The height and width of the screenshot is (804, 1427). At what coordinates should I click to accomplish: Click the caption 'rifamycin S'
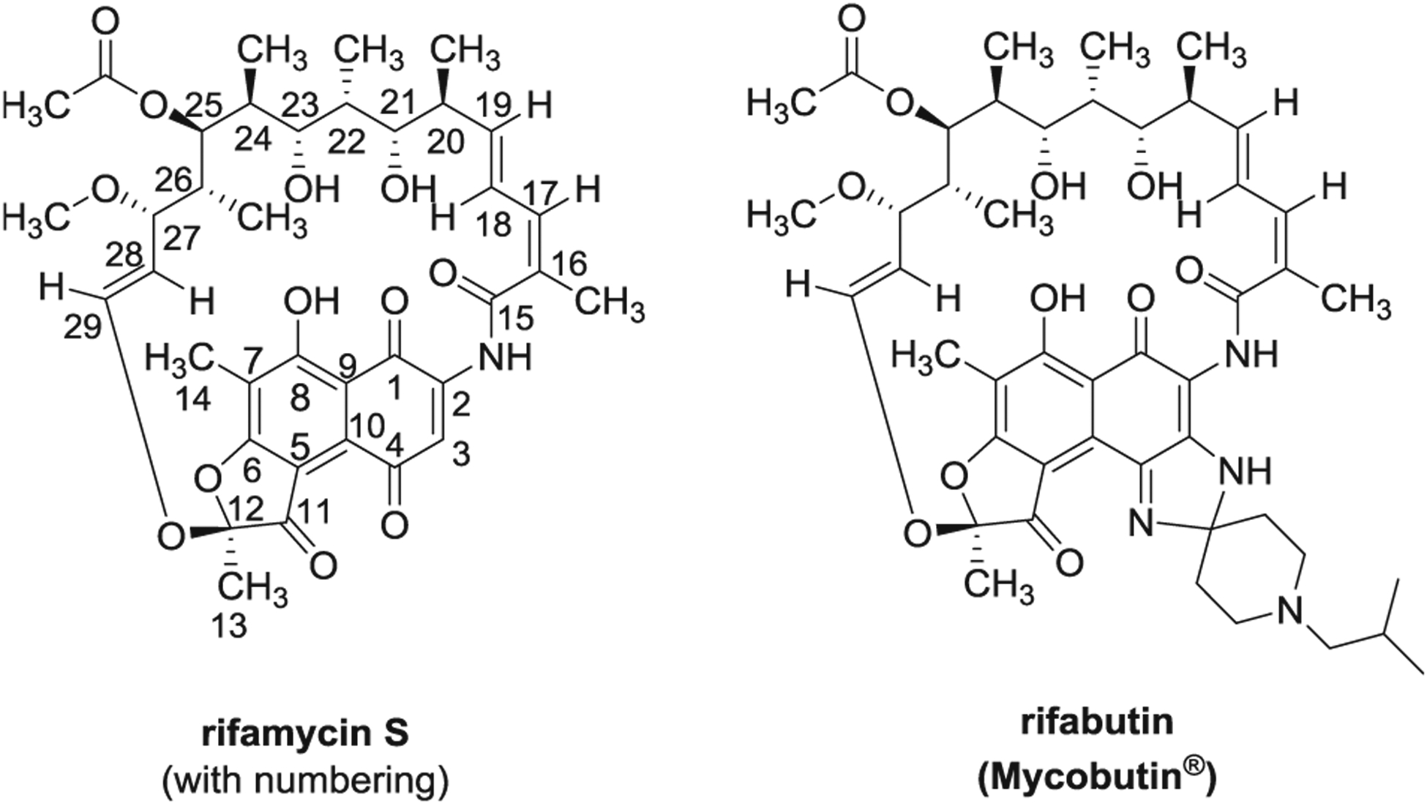point(304,733)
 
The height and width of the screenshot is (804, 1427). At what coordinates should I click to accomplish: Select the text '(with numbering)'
point(304,781)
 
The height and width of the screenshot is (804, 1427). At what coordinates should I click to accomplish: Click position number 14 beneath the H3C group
point(193,399)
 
